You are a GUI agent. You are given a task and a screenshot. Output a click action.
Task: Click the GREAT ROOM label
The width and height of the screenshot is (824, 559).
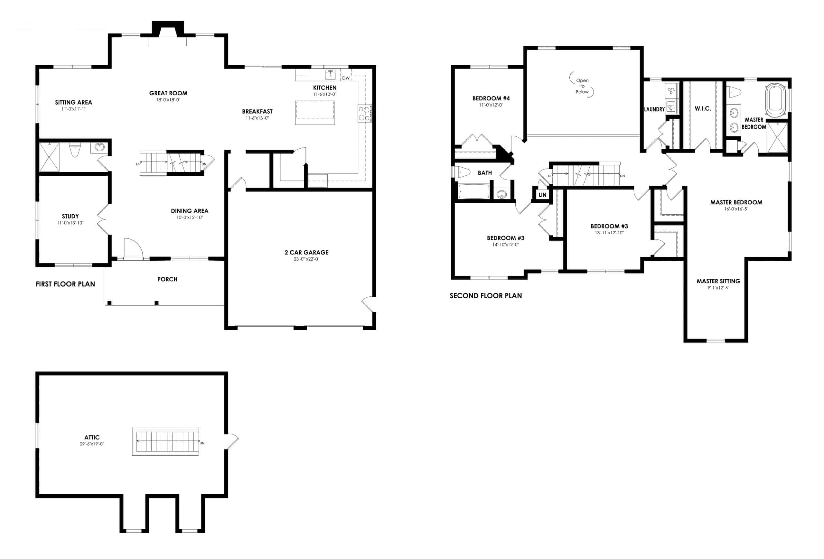168,93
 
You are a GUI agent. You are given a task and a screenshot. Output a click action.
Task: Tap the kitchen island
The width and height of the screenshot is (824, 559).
314,112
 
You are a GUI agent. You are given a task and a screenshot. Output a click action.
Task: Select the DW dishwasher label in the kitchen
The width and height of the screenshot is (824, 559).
346,78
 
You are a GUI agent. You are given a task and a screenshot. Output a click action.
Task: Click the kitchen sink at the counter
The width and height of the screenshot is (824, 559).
331,75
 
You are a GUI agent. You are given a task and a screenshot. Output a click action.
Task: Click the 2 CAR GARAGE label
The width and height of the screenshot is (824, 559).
306,252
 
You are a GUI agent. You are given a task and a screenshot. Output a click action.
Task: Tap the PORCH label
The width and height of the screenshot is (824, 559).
167,279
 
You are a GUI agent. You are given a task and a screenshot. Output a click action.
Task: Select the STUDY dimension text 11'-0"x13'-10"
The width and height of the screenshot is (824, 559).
70,223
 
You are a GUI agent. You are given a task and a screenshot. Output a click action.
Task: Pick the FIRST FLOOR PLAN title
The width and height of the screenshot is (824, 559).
65,284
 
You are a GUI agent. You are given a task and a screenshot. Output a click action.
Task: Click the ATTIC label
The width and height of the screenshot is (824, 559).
92,437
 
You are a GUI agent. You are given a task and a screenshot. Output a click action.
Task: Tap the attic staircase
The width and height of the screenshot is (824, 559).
165,441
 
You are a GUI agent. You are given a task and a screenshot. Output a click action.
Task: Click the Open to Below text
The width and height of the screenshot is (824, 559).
582,86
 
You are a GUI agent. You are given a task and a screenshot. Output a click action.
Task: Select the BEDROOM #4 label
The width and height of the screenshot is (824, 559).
491,98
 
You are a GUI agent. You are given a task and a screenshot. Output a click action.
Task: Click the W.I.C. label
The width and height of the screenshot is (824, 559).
702,109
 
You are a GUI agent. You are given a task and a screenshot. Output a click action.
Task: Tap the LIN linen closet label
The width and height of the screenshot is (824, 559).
542,195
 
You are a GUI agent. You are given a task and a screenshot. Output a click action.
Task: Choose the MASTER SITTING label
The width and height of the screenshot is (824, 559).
718,281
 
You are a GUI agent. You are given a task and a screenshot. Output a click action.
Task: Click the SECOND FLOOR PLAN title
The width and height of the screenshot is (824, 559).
485,296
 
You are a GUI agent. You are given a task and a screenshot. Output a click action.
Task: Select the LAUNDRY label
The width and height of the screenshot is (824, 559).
654,109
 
